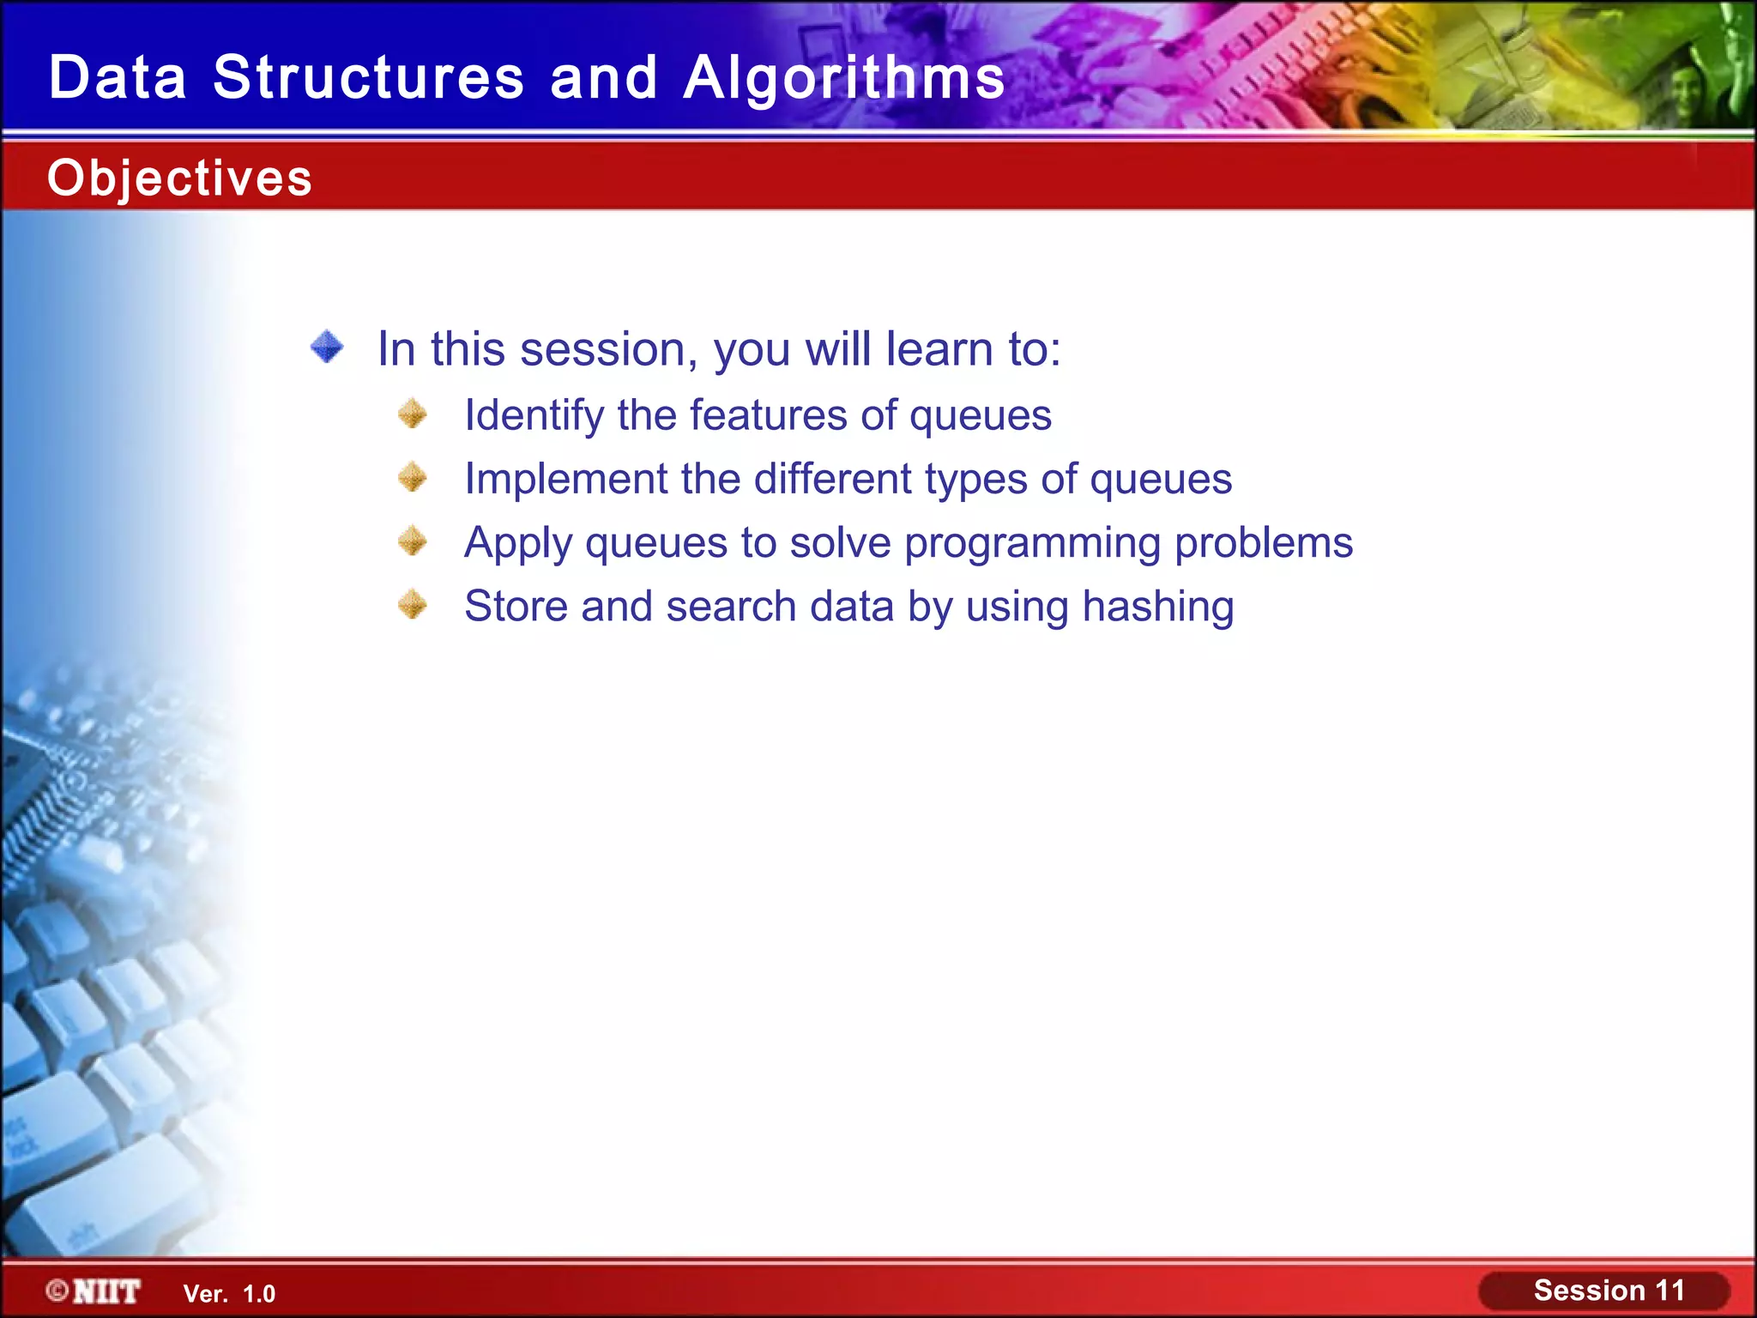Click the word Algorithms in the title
tap(843, 77)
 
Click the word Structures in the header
tap(368, 77)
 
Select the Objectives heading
tap(179, 178)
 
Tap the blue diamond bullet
tap(327, 348)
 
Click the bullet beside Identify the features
tap(413, 414)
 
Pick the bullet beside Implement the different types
tap(413, 477)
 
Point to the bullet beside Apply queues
tap(413, 541)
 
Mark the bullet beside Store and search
tap(413, 605)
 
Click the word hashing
tap(1157, 607)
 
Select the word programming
tap(1033, 544)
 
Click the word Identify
tap(534, 416)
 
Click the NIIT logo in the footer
tap(106, 1291)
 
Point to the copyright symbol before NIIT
tap(57, 1291)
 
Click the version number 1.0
tap(259, 1294)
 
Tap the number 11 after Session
tap(1669, 1291)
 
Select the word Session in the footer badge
tap(1589, 1291)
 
